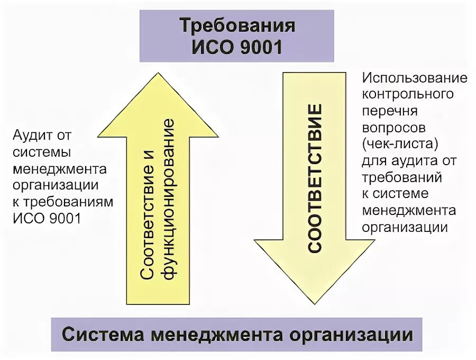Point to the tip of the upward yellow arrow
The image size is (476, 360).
click(x=158, y=76)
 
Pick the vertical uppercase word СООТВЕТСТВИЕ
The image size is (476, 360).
click(x=315, y=178)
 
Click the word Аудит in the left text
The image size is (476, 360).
click(x=32, y=136)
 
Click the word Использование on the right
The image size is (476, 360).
click(x=415, y=78)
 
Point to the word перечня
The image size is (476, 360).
click(x=390, y=111)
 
